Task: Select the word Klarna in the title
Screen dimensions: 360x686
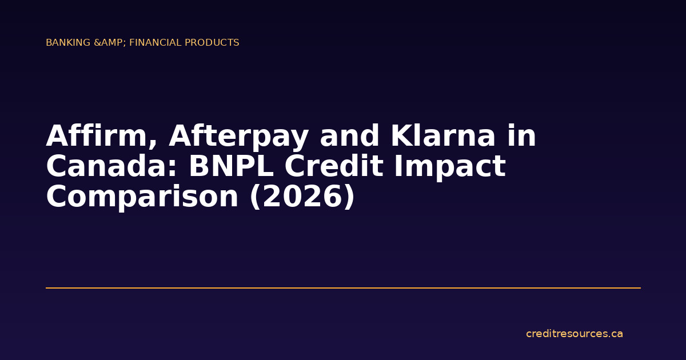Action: tap(435, 137)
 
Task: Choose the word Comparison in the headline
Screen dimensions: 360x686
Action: tap(142, 197)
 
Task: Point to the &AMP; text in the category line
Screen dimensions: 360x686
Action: tap(109, 43)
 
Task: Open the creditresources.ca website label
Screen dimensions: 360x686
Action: tap(574, 334)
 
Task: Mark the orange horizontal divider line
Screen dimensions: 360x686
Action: tap(343, 288)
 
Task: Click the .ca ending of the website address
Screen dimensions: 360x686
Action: tap(616, 334)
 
